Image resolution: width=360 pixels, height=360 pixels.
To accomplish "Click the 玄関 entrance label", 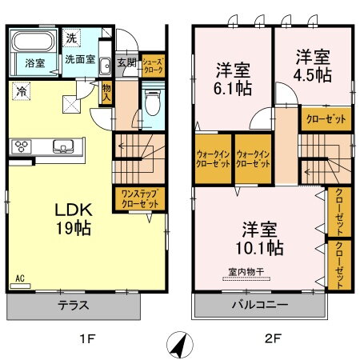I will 126,62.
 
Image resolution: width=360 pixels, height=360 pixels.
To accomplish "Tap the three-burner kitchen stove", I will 22,146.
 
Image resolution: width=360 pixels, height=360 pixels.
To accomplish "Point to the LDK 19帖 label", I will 73,218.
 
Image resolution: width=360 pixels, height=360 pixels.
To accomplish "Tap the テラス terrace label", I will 74,306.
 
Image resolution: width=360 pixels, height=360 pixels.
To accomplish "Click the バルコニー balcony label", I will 260,306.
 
